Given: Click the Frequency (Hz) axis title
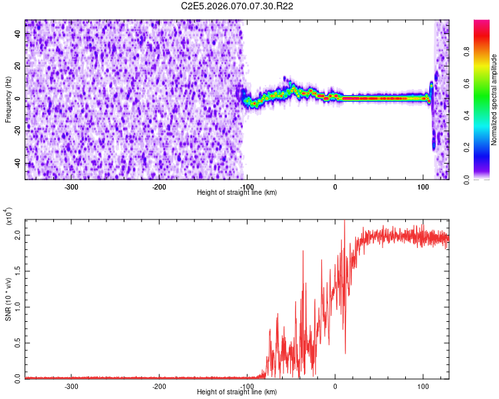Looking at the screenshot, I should coord(8,99).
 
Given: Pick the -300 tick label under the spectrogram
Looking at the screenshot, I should coord(71,187).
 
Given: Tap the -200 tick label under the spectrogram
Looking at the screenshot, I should coord(159,187).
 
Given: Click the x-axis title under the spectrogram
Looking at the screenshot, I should coord(238,193).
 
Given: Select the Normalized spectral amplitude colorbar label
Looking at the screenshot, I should coord(494,100).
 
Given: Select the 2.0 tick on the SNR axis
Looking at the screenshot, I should coord(17,237).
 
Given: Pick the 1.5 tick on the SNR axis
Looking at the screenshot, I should coord(17,272).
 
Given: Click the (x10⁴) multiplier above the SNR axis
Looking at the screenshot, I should coord(9,215).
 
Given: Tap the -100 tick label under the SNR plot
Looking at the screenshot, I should coord(247,386).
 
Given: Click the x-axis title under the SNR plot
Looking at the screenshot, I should coord(238,392).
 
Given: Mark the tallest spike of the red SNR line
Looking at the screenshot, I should coord(344,221).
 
